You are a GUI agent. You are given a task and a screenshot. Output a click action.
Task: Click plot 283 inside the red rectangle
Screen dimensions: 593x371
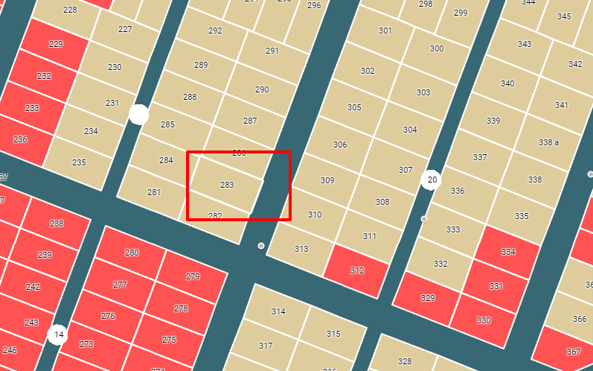[227, 184]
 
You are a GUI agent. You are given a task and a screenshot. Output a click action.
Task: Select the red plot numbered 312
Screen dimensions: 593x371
[357, 270]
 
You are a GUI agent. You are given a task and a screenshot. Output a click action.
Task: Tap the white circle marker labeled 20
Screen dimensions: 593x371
[431, 180]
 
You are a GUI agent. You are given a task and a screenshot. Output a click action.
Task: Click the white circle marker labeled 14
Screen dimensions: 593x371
[58, 334]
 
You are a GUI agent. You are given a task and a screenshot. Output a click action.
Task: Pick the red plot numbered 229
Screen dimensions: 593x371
[56, 44]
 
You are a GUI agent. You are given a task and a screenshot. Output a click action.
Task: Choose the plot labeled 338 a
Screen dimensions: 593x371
[548, 142]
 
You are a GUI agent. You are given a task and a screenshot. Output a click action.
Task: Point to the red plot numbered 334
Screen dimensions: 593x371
[507, 252]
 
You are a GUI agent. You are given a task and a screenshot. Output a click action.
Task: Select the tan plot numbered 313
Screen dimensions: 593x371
[301, 249]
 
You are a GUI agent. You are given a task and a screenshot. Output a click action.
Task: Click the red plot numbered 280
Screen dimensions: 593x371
[132, 253]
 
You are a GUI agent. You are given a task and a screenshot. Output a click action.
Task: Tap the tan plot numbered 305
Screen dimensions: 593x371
[354, 107]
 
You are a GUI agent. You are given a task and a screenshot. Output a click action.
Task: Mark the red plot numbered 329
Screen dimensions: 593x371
[427, 297]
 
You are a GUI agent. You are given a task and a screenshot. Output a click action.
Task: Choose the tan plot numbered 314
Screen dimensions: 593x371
[278, 311]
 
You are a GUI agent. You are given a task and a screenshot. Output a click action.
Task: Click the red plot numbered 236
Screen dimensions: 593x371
[20, 139]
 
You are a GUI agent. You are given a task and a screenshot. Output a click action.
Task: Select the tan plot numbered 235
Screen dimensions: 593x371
[79, 162]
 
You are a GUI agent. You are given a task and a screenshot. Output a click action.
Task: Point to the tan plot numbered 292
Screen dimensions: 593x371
[215, 31]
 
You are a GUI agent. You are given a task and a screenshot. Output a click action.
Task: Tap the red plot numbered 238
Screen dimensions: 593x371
[57, 223]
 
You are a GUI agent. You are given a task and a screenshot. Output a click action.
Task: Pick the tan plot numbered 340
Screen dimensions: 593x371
[507, 83]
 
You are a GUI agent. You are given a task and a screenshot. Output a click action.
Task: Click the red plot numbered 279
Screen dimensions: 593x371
[193, 276]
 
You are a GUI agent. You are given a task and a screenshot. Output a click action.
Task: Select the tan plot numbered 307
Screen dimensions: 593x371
[405, 170]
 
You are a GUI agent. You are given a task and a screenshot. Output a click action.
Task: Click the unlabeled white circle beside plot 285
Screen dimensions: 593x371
[139, 114]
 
